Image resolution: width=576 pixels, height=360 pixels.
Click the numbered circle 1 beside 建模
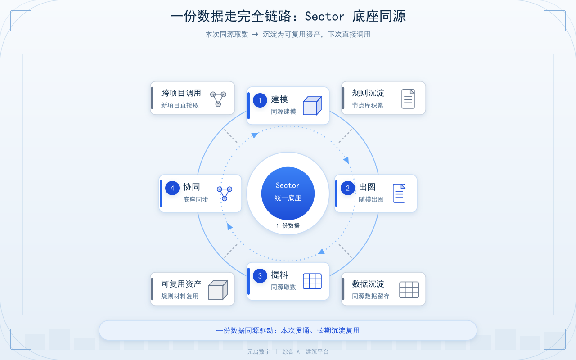(260, 100)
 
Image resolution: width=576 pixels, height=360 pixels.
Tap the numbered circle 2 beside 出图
(348, 188)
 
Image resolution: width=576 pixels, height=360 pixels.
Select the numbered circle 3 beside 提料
(260, 276)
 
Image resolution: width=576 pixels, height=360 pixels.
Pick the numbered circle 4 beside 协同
(172, 188)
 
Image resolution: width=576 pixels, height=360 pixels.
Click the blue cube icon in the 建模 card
(312, 106)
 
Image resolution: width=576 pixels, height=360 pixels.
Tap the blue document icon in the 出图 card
(399, 193)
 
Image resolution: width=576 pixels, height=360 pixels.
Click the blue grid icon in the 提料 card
(312, 281)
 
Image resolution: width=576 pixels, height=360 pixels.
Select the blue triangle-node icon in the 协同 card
(225, 193)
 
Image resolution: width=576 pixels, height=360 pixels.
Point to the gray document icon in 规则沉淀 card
(408, 99)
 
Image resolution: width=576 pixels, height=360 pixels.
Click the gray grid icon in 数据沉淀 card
(409, 290)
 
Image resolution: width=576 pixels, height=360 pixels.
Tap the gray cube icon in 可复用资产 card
(218, 290)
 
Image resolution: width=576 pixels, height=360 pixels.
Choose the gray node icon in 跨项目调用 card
(218, 99)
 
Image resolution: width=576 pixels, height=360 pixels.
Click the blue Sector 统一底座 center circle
(288, 193)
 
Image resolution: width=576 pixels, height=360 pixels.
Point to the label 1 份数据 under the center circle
(288, 226)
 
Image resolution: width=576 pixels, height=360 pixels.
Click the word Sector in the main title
(324, 17)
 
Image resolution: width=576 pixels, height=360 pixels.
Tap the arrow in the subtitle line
(255, 35)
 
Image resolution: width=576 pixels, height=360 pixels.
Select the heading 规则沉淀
(368, 93)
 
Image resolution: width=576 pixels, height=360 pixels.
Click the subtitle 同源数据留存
(371, 296)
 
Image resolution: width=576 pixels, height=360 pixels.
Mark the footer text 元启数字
(259, 351)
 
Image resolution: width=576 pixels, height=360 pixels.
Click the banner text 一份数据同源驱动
(244, 330)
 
